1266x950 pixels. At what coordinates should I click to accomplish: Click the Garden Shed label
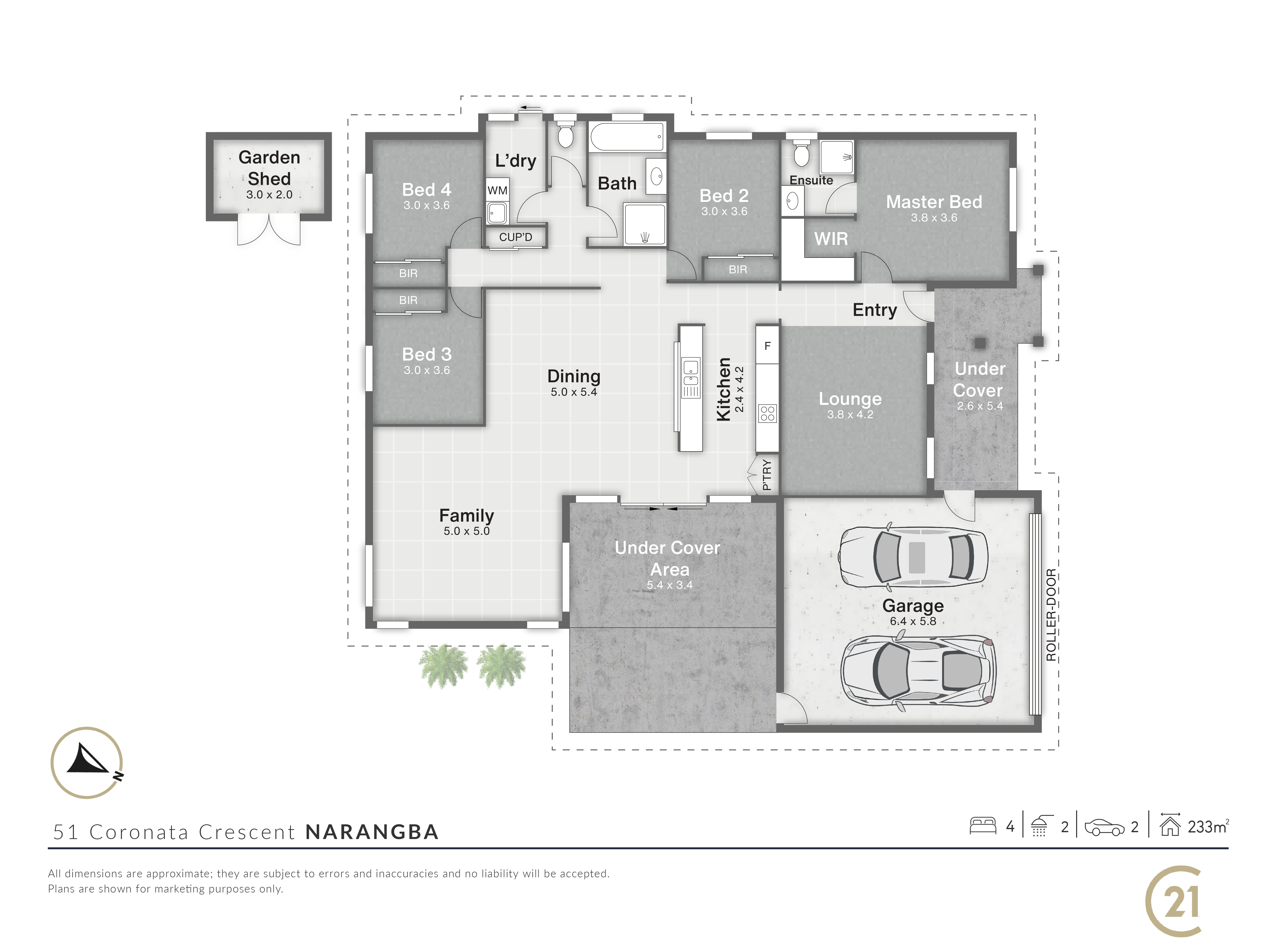coord(269,168)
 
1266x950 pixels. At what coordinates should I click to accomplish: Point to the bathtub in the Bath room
coord(627,137)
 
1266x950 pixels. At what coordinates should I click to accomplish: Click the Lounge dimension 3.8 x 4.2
coord(850,415)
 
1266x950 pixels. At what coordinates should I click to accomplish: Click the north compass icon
coord(87,763)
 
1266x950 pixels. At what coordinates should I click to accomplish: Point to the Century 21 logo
coord(1173,901)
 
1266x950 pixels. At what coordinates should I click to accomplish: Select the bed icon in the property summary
coord(983,826)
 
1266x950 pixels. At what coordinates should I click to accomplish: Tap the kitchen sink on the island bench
coord(691,373)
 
